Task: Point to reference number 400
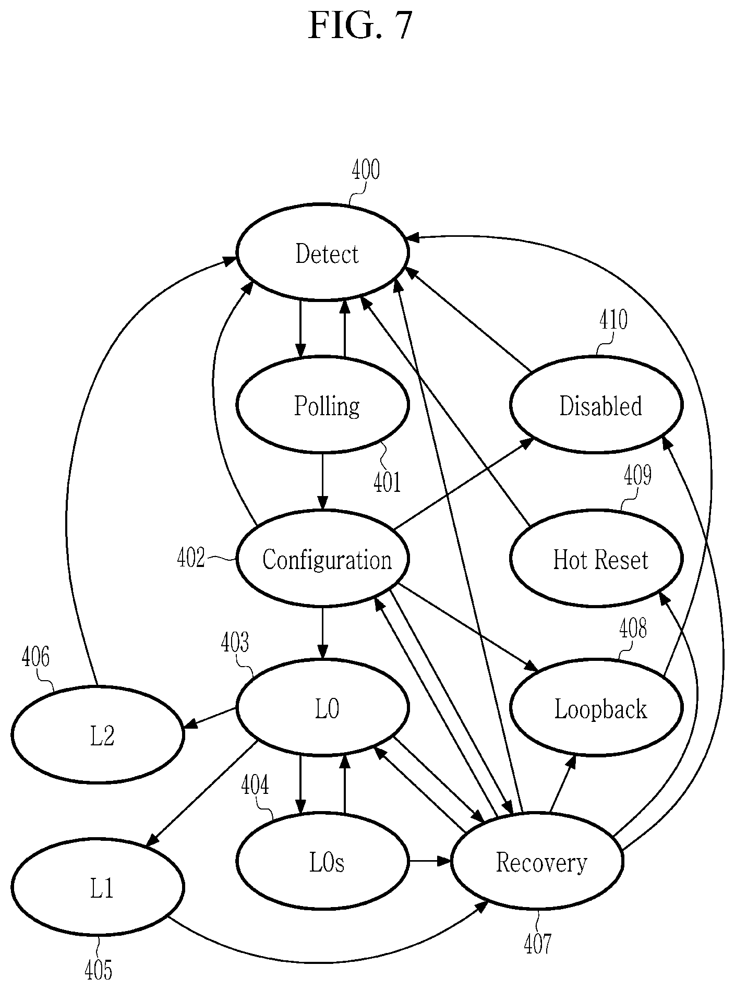click(365, 170)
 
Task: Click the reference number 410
click(613, 320)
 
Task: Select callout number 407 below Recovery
click(538, 943)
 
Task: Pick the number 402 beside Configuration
click(191, 558)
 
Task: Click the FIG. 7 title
click(360, 26)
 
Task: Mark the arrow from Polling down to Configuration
click(323, 481)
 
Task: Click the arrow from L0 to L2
click(211, 717)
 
